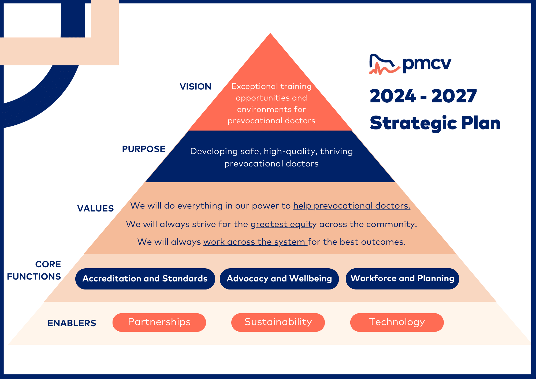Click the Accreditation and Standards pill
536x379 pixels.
pos(145,279)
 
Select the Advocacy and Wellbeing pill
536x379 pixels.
pos(279,279)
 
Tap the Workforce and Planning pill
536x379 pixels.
pos(402,278)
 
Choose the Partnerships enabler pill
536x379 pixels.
pos(159,322)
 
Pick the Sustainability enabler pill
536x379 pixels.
pos(278,322)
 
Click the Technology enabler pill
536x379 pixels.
pos(397,322)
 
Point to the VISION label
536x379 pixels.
pos(195,87)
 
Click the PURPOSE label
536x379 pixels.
pos(144,149)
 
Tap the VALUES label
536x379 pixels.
pos(95,209)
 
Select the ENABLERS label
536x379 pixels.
pos(72,323)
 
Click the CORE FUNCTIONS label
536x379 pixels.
pos(34,270)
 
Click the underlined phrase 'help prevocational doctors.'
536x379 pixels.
pos(352,206)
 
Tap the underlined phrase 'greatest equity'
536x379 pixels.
pos(284,224)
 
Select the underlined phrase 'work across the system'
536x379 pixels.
pos(255,242)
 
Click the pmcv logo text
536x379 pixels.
pos(427,64)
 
